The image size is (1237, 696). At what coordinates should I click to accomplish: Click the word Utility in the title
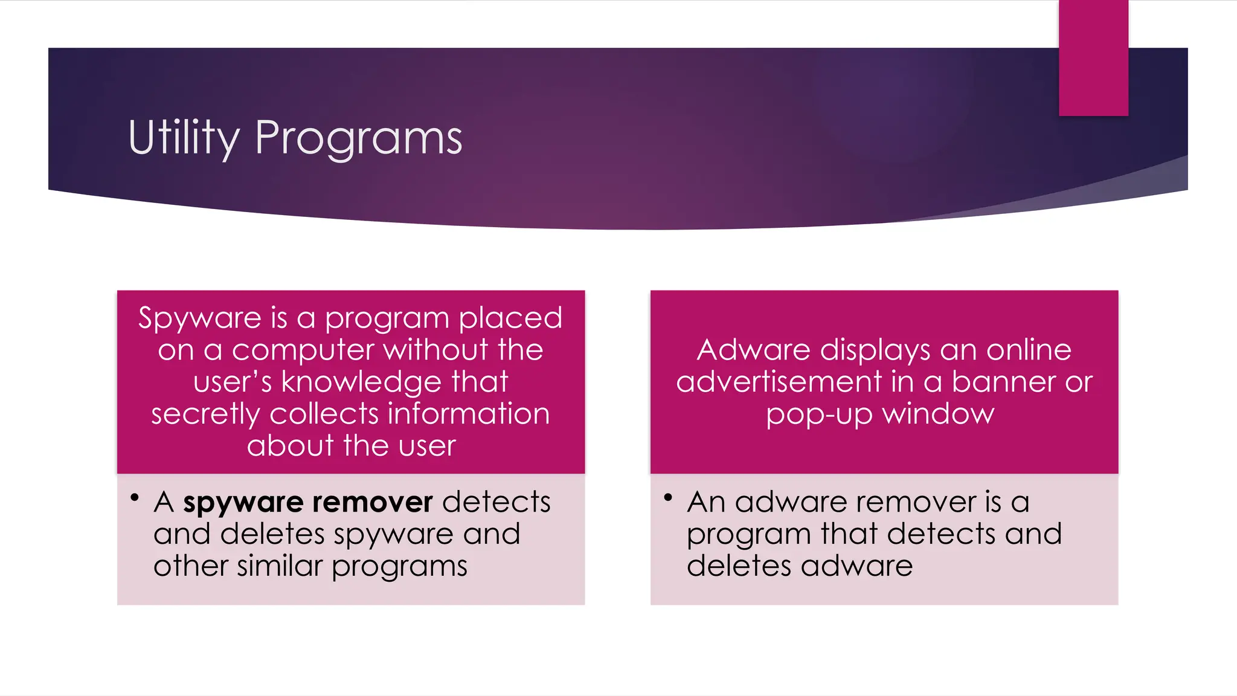point(184,138)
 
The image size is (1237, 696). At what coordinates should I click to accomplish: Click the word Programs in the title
point(358,138)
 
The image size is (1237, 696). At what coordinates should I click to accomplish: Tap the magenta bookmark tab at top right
point(1093,57)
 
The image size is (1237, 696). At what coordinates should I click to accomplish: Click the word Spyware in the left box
point(199,318)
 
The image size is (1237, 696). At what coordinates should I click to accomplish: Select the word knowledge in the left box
point(361,382)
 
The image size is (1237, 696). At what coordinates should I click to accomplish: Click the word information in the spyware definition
point(468,414)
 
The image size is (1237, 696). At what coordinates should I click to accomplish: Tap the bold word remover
point(372,502)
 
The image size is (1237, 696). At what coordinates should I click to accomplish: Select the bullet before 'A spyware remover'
point(135,498)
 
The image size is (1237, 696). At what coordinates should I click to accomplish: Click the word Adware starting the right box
point(753,350)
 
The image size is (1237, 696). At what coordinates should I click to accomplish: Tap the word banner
point(1003,382)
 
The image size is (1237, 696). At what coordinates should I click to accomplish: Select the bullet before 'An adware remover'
point(668,498)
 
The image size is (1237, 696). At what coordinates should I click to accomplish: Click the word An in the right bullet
point(705,502)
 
